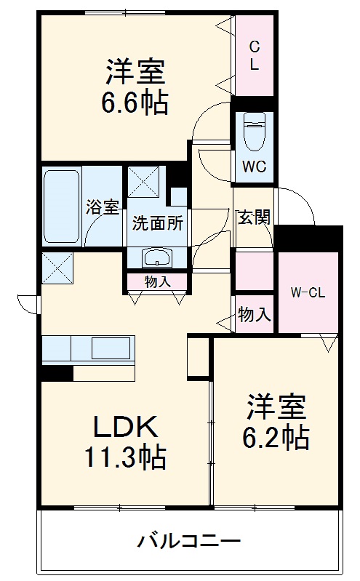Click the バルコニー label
[189, 541]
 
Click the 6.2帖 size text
[276, 437]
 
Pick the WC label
[254, 166]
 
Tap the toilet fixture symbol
[254, 131]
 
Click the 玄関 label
[254, 216]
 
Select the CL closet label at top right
[254, 55]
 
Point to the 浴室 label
[103, 207]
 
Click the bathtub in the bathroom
[61, 207]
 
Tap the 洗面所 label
[156, 224]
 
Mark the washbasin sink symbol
[156, 257]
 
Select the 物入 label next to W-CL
[254, 314]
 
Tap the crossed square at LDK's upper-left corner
[57, 267]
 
